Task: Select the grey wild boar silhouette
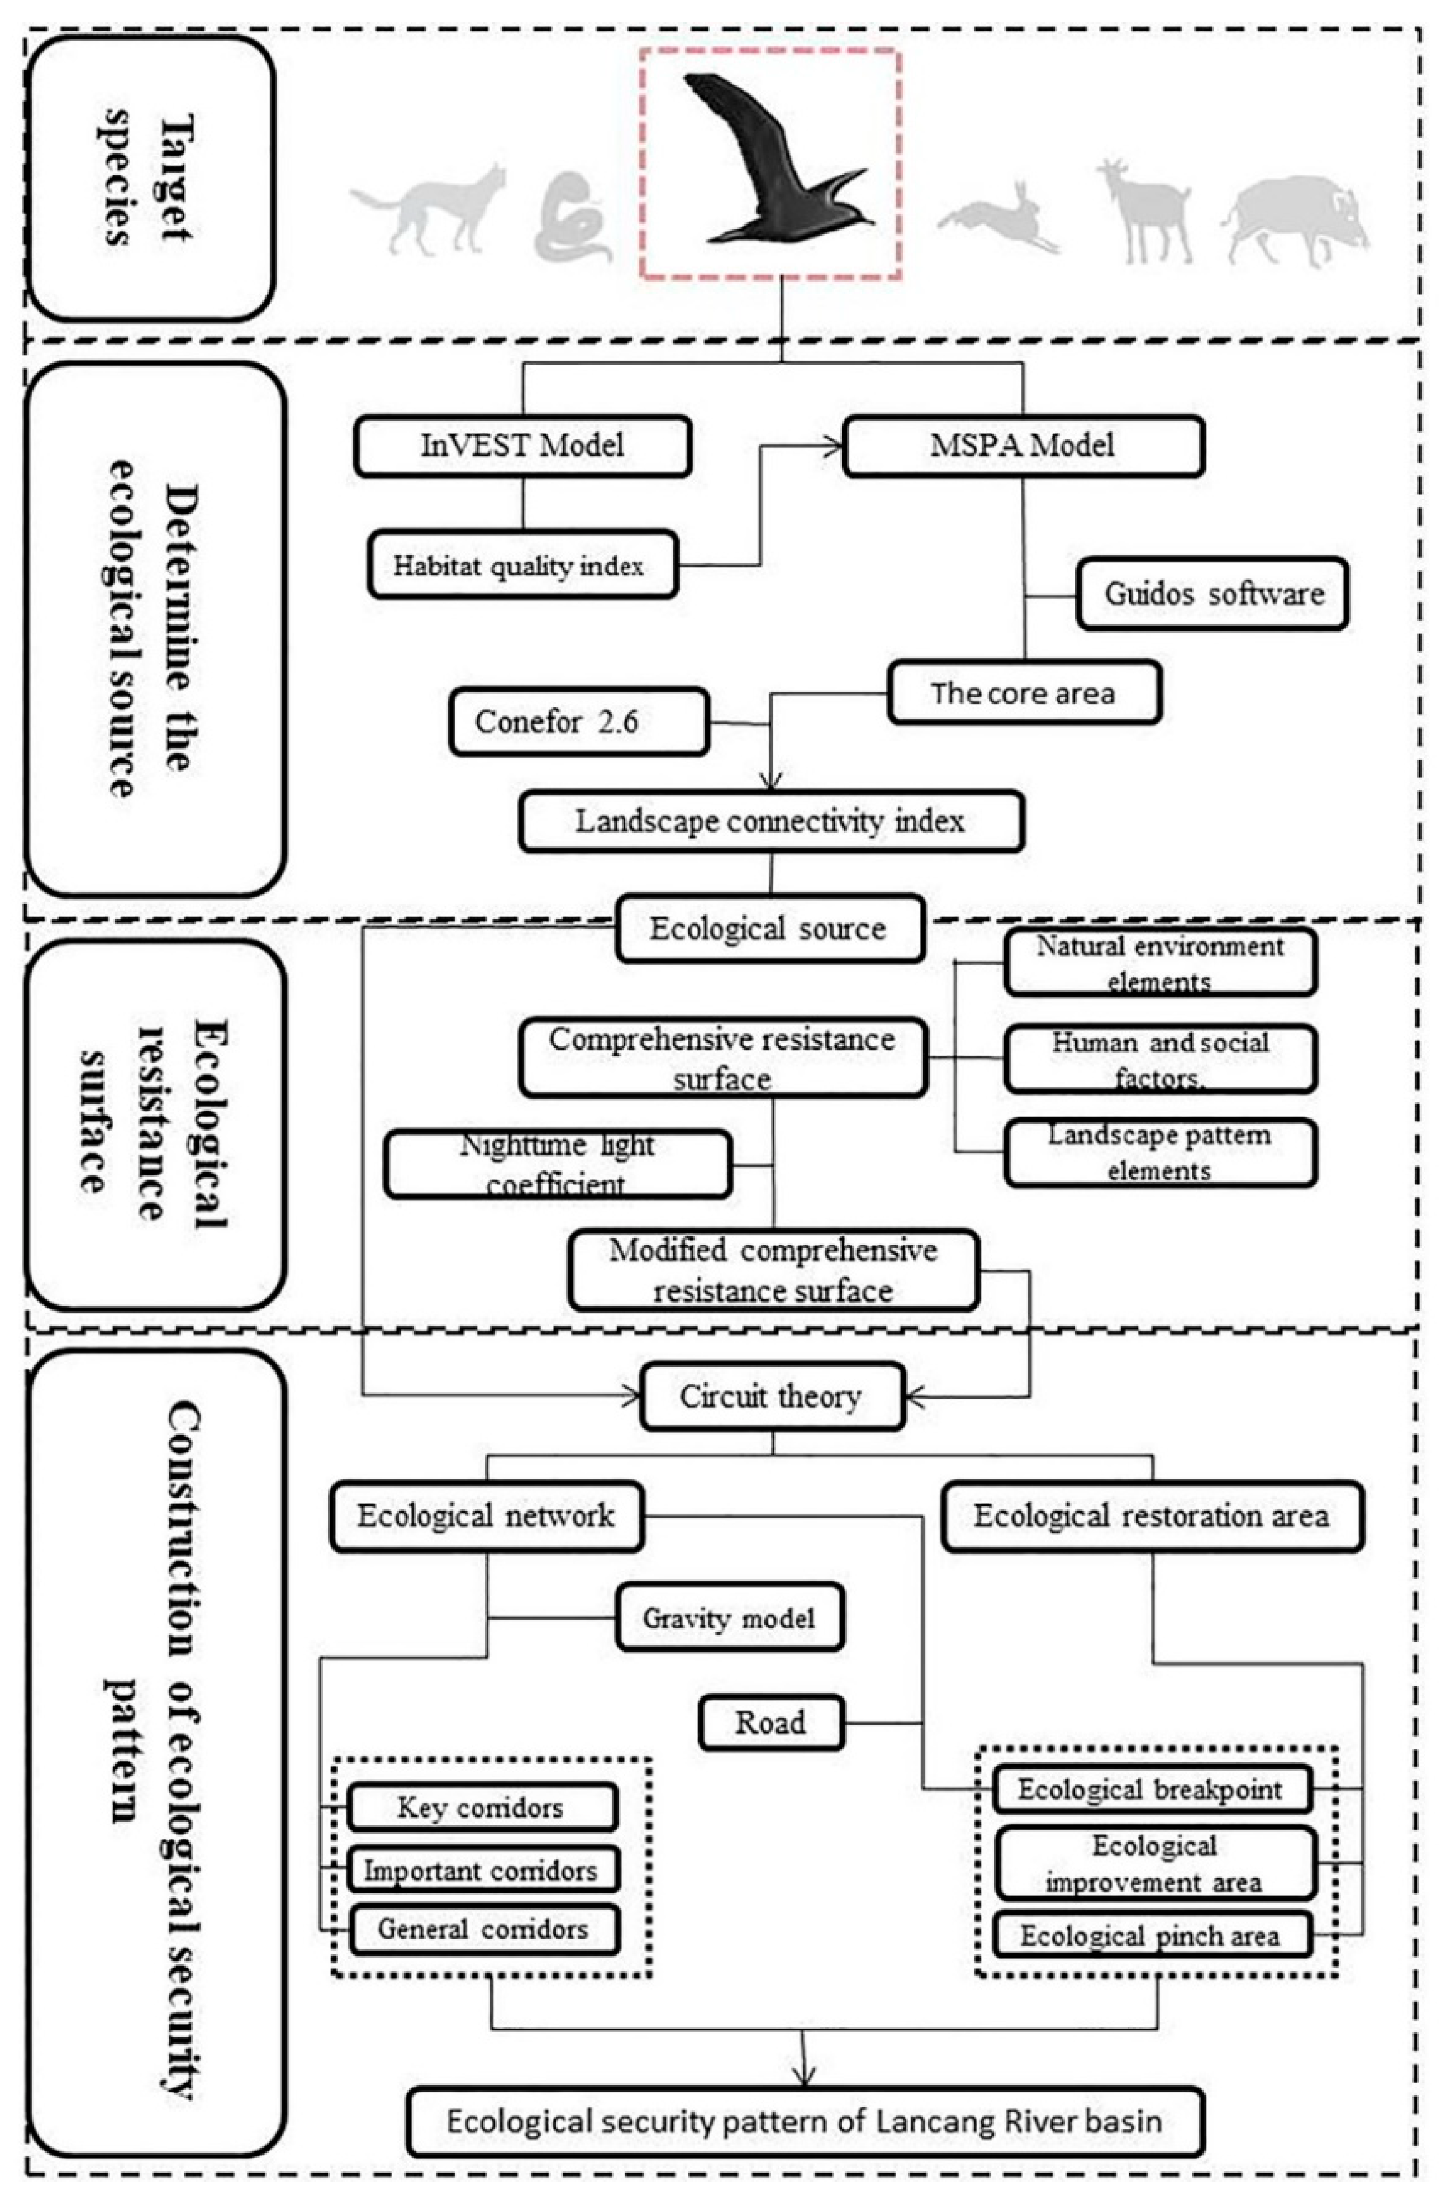[1294, 222]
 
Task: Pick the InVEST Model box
[522, 446]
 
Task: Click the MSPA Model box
[1021, 446]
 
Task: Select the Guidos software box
[1211, 593]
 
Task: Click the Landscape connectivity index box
[770, 821]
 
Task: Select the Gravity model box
[728, 1618]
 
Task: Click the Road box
[770, 1722]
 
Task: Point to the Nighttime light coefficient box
[558, 1165]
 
